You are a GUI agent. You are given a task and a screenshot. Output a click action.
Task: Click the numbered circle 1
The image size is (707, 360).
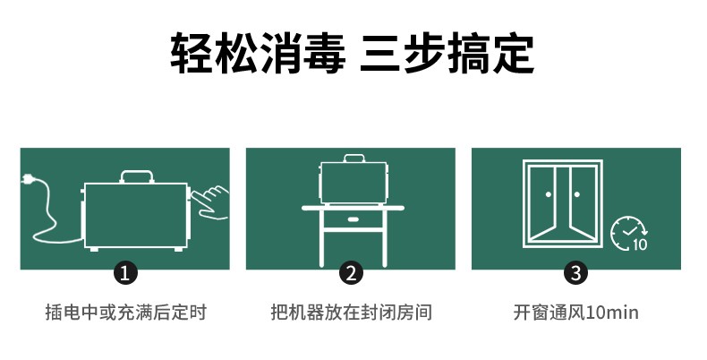click(x=125, y=273)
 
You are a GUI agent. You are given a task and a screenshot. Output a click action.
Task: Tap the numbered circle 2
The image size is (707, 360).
click(x=351, y=273)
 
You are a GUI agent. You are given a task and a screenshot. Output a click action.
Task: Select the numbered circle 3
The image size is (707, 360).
click(x=575, y=273)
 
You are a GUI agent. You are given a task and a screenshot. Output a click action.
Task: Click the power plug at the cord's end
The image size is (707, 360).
click(x=27, y=179)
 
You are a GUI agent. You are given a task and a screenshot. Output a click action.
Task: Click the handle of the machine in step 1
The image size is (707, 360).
click(x=137, y=176)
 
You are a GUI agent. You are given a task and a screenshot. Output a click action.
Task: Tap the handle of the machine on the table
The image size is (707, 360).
click(x=354, y=159)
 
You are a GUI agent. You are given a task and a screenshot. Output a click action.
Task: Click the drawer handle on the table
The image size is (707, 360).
click(x=353, y=219)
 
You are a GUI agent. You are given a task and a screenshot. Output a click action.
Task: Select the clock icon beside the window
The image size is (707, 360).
click(x=628, y=233)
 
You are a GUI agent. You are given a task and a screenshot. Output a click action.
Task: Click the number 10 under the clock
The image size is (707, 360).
click(x=640, y=244)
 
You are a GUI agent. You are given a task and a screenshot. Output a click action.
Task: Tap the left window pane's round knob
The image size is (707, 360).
click(x=549, y=194)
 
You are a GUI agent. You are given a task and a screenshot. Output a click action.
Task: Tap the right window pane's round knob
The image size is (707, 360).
click(x=576, y=194)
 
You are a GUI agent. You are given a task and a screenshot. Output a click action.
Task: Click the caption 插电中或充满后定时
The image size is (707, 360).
click(x=126, y=313)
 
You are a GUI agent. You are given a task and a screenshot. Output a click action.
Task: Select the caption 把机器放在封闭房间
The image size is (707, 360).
click(x=351, y=313)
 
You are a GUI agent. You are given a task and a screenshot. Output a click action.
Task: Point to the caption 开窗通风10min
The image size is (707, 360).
click(x=575, y=313)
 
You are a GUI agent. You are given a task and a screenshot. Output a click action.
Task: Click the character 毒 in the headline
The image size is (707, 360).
click(x=324, y=53)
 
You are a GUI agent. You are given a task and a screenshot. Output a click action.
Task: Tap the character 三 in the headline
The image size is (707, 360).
click(x=380, y=53)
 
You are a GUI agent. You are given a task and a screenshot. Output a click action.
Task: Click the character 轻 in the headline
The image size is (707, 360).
click(x=192, y=53)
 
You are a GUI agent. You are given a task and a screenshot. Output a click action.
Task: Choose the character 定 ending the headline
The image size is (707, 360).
click(x=514, y=53)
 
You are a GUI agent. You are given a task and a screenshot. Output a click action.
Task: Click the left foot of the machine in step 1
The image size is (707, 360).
click(x=94, y=249)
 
